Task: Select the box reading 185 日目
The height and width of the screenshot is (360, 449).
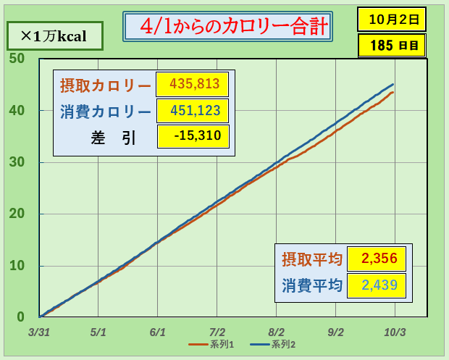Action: [392, 45]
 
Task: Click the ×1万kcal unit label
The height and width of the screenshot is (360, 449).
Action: [54, 35]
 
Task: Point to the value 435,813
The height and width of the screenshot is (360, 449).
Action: [194, 84]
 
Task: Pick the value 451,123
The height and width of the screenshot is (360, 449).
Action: [194, 111]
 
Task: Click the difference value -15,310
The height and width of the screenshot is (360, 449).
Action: [194, 135]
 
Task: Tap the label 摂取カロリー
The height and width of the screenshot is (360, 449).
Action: [105, 85]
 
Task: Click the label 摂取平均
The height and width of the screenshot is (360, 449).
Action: [311, 259]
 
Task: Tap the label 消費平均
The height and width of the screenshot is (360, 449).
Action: [311, 285]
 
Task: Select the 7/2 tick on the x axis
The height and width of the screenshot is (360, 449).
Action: [217, 332]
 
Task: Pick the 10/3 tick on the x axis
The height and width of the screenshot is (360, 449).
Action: [395, 332]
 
